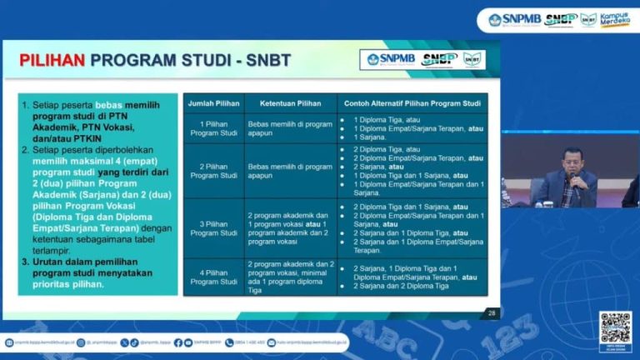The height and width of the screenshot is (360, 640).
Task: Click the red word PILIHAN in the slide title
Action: click(x=52, y=60)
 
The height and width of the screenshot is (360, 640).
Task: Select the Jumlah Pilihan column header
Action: click(x=213, y=103)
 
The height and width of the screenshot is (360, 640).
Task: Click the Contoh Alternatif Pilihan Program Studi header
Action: click(x=412, y=103)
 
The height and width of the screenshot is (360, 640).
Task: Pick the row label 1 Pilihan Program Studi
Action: click(x=213, y=129)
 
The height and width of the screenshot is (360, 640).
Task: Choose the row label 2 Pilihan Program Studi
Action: click(x=213, y=171)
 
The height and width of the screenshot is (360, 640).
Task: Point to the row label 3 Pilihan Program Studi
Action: click(x=213, y=227)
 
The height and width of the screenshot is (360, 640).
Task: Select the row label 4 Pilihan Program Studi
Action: click(x=213, y=277)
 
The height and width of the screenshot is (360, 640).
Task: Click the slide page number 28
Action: click(x=491, y=313)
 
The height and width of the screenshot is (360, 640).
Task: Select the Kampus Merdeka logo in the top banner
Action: click(x=614, y=18)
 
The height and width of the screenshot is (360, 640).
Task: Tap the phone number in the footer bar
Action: click(x=249, y=342)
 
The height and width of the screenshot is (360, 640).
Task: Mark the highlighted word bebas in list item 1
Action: click(x=108, y=106)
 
